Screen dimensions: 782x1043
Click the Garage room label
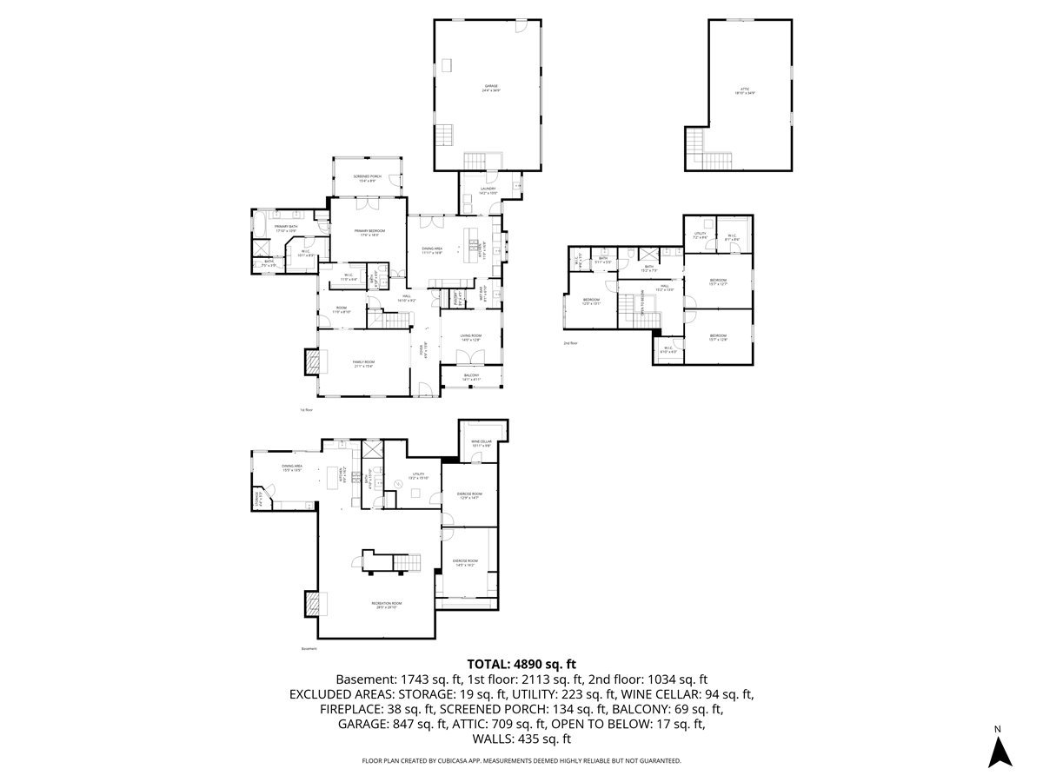pos(491,87)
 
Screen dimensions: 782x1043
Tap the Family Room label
pos(362,364)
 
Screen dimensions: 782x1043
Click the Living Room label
pos(471,337)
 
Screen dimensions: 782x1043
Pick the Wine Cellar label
pos(482,443)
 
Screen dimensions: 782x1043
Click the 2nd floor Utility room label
pos(700,235)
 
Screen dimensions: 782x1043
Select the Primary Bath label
pos(287,229)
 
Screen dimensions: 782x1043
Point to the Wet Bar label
pos(484,294)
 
